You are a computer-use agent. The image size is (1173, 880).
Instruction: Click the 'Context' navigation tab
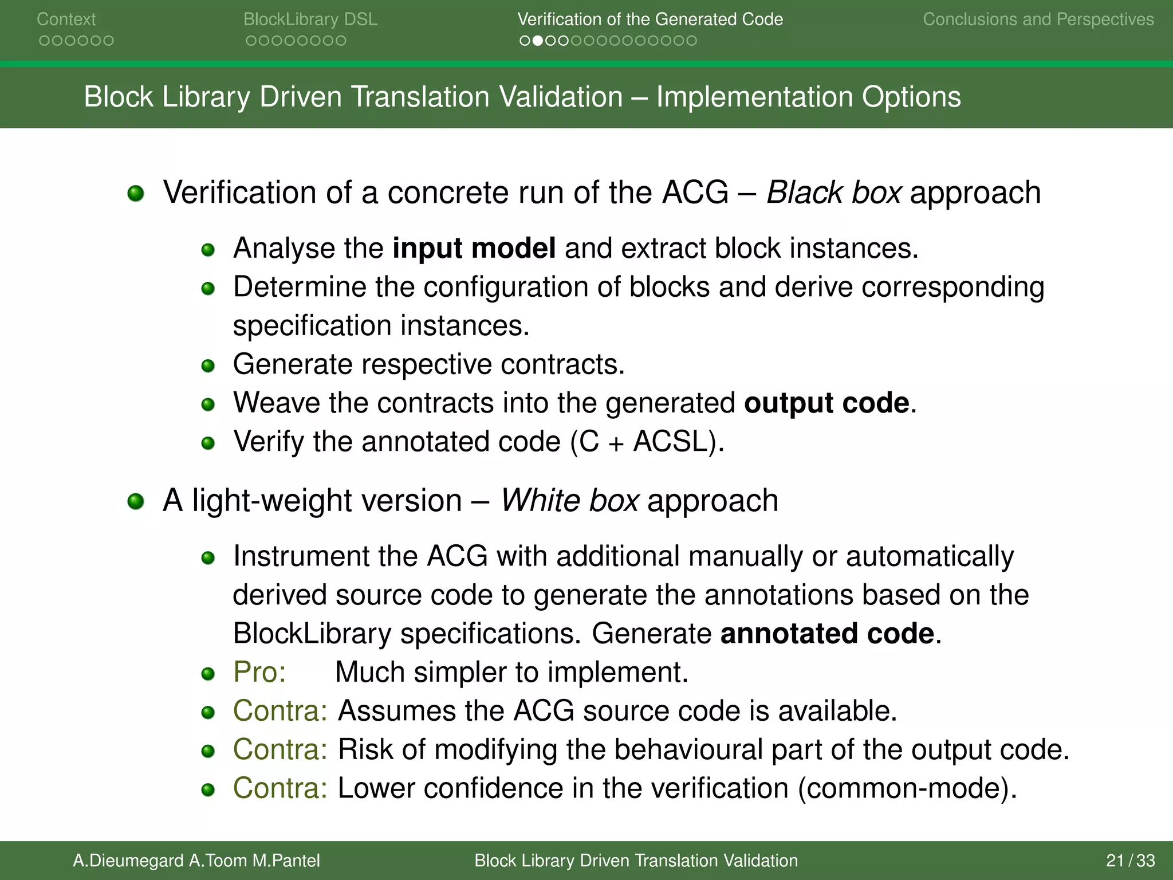66,19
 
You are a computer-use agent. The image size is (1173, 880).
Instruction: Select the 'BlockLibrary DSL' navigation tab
310,19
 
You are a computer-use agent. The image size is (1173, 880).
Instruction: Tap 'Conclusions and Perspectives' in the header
1038,19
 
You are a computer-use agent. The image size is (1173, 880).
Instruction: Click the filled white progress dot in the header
537,41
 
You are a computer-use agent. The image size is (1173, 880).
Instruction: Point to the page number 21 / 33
1130,861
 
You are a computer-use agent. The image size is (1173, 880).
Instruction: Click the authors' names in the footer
196,861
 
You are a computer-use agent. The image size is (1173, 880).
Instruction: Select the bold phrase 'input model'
474,249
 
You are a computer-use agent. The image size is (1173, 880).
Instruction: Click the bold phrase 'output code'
826,403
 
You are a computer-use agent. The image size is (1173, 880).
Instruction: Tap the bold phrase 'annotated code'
827,634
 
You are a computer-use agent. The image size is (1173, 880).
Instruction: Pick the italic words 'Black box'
834,192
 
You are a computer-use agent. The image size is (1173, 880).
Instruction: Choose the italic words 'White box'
569,501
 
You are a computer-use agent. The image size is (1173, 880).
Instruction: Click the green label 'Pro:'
259,672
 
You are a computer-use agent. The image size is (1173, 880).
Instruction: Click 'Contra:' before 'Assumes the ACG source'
280,711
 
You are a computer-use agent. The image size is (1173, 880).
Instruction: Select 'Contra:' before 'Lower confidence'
280,788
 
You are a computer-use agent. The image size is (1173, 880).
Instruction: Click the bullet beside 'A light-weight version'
136,501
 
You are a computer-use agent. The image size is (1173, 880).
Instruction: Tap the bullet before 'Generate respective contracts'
208,366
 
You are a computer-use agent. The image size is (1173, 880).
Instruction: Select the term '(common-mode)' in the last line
907,788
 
